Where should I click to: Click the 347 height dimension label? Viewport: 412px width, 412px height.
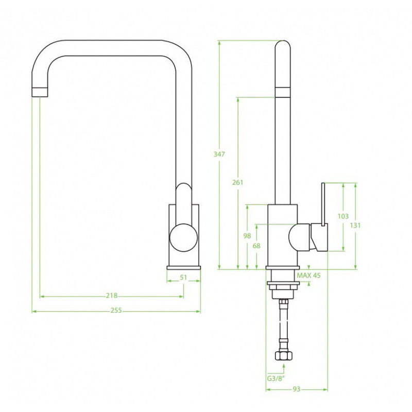(219, 154)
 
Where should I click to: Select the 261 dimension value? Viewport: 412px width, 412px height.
(237, 182)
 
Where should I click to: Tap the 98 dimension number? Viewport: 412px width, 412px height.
(247, 236)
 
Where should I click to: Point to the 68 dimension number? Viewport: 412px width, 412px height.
(256, 246)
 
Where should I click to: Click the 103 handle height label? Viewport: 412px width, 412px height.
(343, 216)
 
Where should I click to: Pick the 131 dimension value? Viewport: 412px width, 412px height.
(355, 225)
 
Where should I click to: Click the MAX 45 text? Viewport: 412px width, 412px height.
(308, 276)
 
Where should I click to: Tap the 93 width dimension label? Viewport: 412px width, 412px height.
(296, 389)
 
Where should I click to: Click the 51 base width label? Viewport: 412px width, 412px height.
(183, 277)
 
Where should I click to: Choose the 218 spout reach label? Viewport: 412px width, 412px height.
(112, 296)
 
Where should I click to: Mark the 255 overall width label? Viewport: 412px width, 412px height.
(116, 311)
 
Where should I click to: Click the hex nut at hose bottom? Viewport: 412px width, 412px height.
(284, 356)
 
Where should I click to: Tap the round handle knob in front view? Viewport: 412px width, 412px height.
(183, 237)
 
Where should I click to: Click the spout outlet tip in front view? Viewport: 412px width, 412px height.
(40, 92)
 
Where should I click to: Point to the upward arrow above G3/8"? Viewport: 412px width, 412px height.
(284, 368)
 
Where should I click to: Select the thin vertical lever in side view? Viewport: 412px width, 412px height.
(323, 204)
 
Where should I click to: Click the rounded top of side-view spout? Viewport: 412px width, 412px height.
(283, 44)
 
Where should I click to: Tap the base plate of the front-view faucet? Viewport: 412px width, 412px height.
(183, 268)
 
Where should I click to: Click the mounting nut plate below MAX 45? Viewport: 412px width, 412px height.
(283, 283)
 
